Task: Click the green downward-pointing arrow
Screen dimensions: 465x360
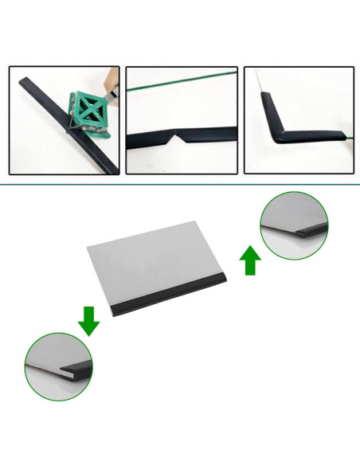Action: (x=88, y=320)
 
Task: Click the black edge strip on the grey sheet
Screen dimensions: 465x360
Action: (x=171, y=299)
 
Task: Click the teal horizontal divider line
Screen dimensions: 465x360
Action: (x=180, y=184)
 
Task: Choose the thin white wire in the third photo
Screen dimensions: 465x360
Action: (x=260, y=80)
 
